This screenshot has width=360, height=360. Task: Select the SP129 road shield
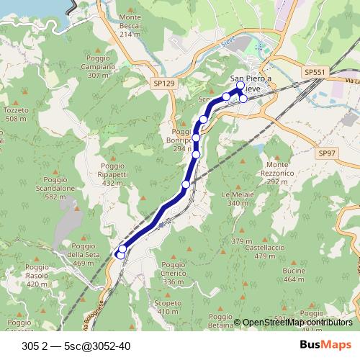[x=164, y=84]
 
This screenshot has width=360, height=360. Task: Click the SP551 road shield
[x=315, y=73]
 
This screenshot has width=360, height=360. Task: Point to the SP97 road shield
[x=328, y=153]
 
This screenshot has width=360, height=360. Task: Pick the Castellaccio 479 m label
[x=261, y=251]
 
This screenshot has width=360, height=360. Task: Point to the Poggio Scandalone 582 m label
[x=60, y=188]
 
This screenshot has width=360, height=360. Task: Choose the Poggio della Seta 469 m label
[x=84, y=255]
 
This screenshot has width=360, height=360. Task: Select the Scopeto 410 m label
[x=168, y=307]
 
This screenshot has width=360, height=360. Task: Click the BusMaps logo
[x=325, y=345]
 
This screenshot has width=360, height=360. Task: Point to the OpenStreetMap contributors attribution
[x=297, y=322]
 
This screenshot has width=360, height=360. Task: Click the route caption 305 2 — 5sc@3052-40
[x=76, y=346]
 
